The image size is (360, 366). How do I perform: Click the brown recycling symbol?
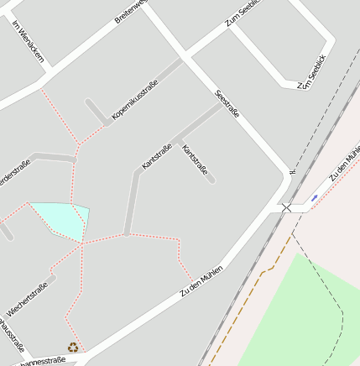(x=73, y=347)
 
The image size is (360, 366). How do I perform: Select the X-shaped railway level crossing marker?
(x=287, y=207)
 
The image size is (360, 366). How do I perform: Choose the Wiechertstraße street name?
(x=28, y=299)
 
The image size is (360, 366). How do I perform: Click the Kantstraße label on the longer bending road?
(x=157, y=157)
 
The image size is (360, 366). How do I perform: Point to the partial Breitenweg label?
(x=131, y=12)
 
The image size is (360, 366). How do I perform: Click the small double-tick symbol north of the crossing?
(x=293, y=172)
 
